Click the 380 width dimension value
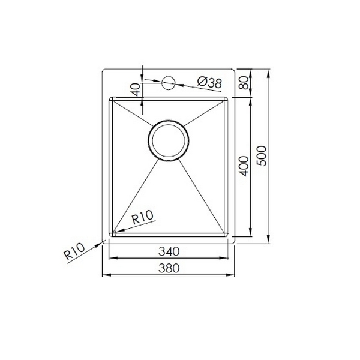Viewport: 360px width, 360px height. coord(169,268)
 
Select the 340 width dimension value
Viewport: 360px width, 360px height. coord(169,251)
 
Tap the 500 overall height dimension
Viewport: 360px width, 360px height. coord(262,155)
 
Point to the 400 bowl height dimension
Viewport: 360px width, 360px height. coord(244,166)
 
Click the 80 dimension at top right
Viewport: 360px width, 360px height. coord(244,83)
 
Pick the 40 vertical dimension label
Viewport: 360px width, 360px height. coord(136,90)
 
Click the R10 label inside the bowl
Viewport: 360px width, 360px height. coord(142,217)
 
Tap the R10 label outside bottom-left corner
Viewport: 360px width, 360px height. coord(74,251)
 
